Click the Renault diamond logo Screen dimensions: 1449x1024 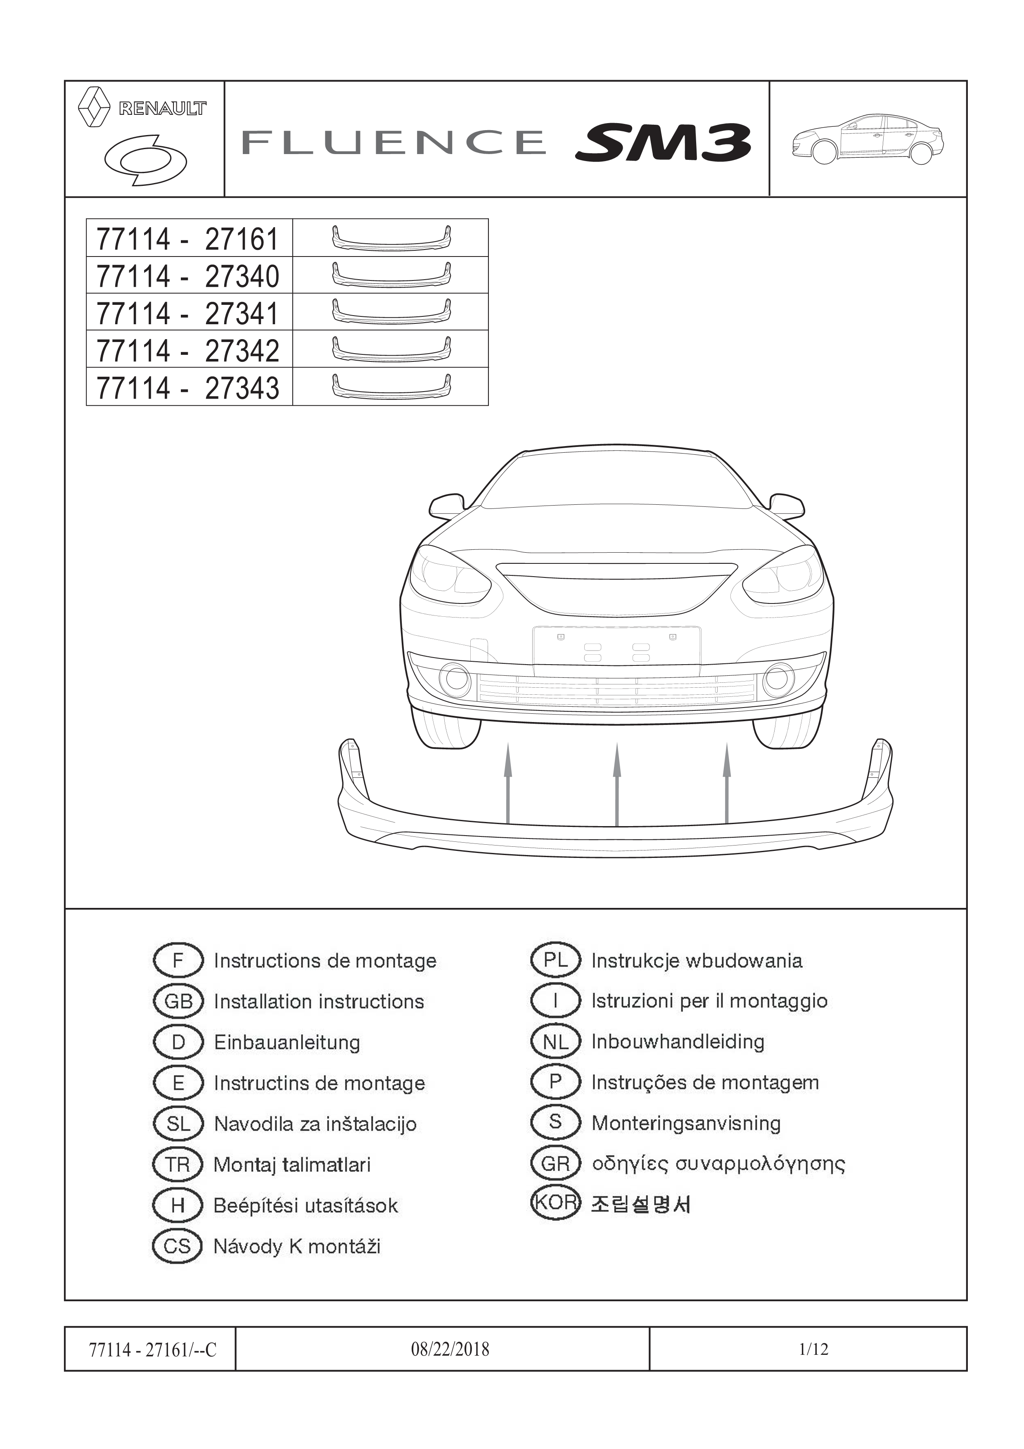93,107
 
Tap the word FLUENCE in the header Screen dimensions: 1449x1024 393,142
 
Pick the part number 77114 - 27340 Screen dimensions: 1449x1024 187,276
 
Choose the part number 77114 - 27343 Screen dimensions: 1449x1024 187,387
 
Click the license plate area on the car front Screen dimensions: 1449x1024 616,647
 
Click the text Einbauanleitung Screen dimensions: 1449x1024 287,1042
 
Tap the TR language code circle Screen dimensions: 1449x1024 178,1164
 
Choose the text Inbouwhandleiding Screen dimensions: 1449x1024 678,1042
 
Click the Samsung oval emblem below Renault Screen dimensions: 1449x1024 145,160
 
